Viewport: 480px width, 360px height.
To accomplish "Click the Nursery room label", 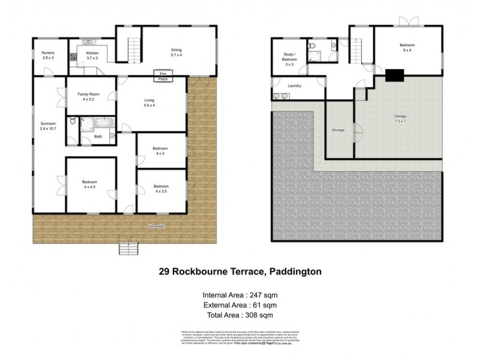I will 48,56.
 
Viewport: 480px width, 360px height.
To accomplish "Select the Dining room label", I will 176,52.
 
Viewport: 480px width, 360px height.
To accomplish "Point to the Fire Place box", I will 163,75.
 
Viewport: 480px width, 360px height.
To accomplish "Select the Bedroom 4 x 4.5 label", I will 90,184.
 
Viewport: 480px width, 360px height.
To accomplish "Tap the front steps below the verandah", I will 128,247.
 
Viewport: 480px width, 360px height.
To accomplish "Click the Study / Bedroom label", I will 289,60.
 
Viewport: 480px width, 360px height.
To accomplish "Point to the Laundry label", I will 294,86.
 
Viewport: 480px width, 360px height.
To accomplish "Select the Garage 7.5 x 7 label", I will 400,119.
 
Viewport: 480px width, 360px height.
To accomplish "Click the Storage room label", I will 338,130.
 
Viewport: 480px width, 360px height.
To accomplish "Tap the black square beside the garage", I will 394,75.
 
